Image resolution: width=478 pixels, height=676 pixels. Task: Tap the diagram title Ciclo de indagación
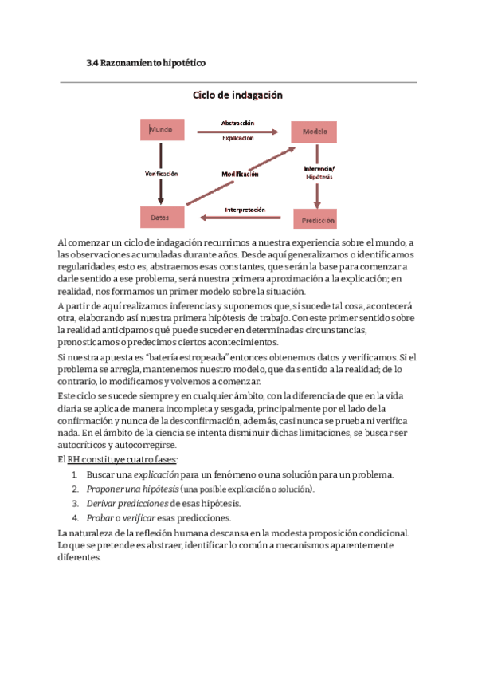pos(238,95)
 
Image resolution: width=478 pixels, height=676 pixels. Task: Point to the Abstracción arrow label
pos(237,123)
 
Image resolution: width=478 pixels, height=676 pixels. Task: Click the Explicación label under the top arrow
pos(237,138)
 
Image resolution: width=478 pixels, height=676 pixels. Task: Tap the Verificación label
pos(161,173)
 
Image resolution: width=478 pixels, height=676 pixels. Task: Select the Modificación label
pos(239,174)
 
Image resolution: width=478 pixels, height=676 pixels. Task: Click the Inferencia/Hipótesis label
pos(319,172)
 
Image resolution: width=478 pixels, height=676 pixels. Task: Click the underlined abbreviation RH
pos(73,460)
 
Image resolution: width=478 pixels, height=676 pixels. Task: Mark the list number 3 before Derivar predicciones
pos(75,503)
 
